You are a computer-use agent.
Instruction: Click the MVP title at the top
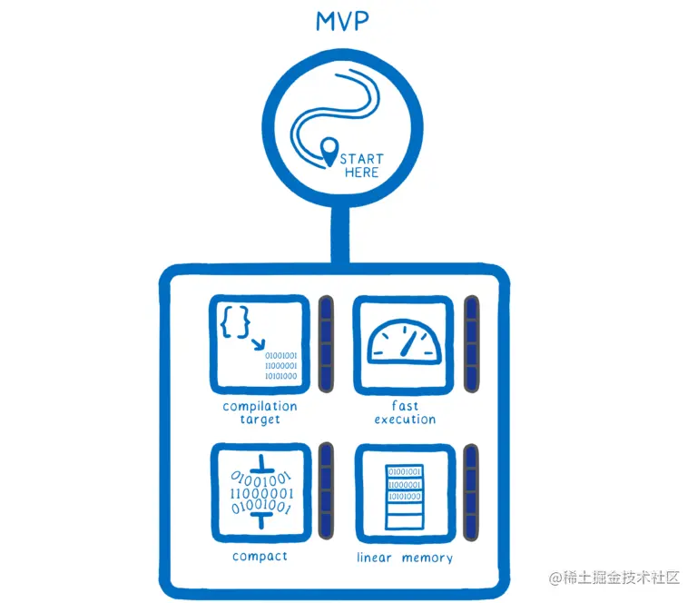[343, 21]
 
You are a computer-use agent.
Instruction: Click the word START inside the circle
[362, 159]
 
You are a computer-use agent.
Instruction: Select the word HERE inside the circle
[361, 173]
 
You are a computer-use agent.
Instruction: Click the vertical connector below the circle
[342, 239]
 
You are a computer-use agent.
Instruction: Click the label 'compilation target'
[260, 413]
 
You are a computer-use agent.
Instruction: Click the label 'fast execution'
[404, 413]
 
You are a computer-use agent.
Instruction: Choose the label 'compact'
[260, 557]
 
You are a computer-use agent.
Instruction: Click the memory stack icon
[404, 494]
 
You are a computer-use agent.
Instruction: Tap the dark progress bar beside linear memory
[470, 490]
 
